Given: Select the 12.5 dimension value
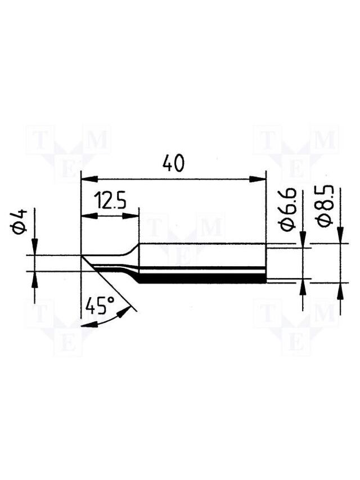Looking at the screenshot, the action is (110, 200).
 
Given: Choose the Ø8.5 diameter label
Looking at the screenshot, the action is (325, 206).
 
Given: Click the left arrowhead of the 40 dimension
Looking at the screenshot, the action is (89, 180).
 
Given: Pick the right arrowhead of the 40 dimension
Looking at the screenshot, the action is (258, 180).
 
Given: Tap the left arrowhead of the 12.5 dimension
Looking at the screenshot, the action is (89, 216).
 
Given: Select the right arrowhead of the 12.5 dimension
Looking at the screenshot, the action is (131, 216).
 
